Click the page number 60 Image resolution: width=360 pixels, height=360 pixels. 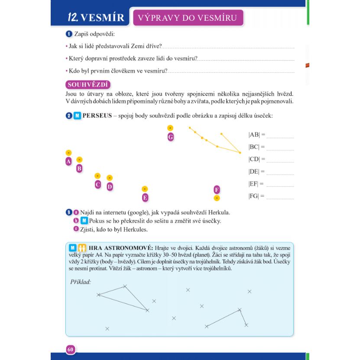pos(71,349)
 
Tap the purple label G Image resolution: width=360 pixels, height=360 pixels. pos(170,137)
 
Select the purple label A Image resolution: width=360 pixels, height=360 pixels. pos(68,162)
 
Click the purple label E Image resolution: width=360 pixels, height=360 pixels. pos(145,198)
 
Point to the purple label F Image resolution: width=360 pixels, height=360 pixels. pos(217,189)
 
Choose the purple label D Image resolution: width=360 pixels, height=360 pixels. pos(110,187)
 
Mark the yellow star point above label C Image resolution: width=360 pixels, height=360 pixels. pos(97,176)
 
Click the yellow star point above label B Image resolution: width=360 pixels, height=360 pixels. pos(79,160)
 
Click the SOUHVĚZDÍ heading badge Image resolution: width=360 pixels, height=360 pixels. pos(88,84)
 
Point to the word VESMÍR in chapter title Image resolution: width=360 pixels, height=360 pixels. pos(103,18)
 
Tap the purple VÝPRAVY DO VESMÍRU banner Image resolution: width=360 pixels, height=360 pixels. pos(188,18)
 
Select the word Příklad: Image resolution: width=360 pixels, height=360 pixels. pos(81,282)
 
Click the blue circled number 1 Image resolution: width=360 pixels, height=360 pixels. pos(68,34)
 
